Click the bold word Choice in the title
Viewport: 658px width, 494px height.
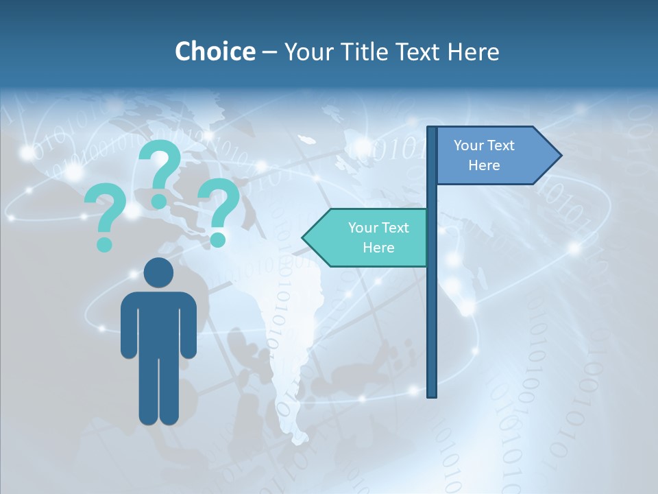click(x=215, y=51)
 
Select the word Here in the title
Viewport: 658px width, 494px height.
click(x=472, y=51)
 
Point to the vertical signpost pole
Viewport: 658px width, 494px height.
click(x=432, y=309)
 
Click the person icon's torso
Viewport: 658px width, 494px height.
click(x=158, y=322)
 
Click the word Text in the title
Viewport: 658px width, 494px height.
click(x=418, y=51)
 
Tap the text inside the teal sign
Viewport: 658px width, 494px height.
click(x=378, y=237)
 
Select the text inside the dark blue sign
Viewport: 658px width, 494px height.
click(x=484, y=155)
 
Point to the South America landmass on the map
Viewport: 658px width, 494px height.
click(x=288, y=329)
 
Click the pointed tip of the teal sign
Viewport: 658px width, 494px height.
click(x=305, y=237)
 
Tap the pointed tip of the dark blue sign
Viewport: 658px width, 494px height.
click(x=559, y=156)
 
